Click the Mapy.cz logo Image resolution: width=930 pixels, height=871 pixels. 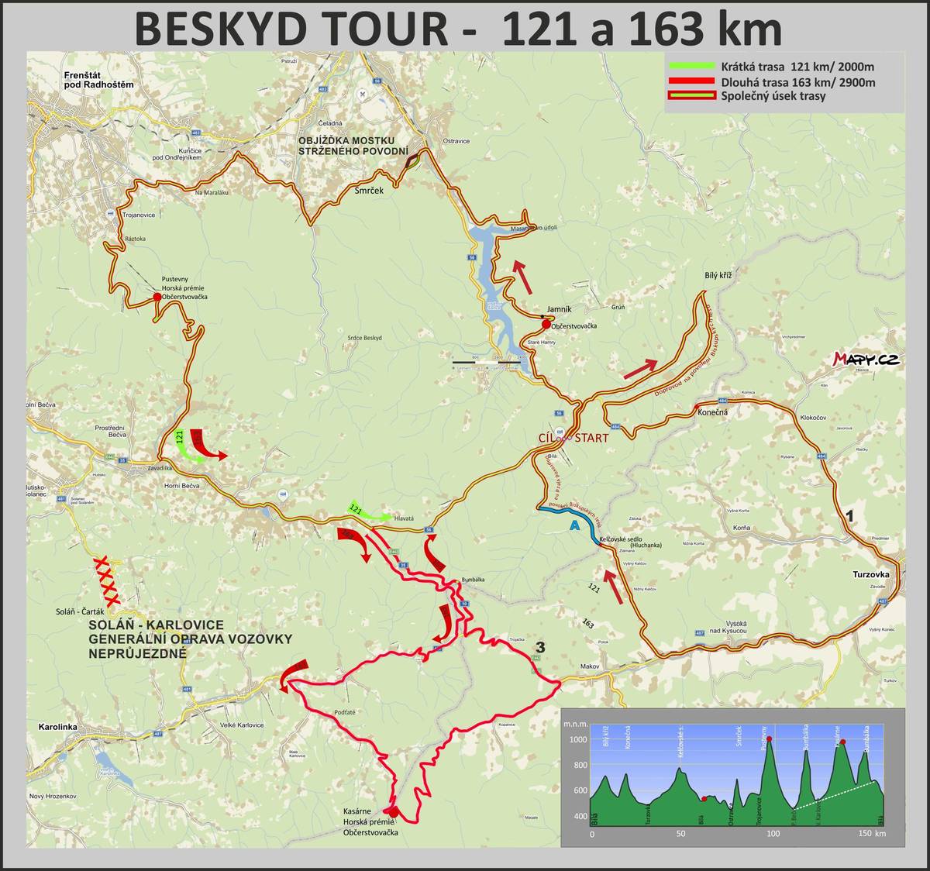[866, 359]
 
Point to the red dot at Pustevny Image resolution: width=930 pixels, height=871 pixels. [157, 297]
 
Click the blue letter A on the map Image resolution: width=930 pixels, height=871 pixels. [574, 525]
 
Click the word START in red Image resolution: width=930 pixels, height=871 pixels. [591, 438]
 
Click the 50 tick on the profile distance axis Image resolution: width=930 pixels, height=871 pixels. [681, 834]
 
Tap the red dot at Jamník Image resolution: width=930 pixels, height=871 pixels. [547, 324]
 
